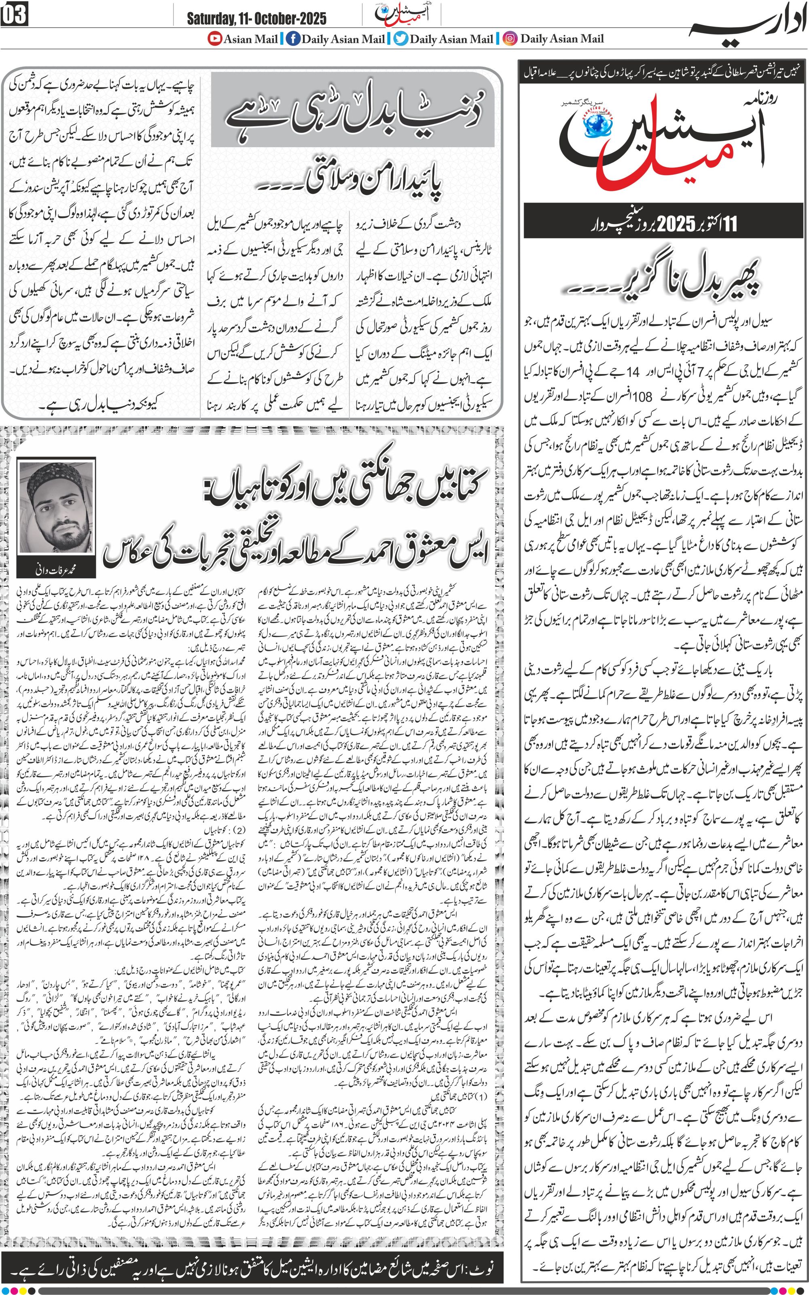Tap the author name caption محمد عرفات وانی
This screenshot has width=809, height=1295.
(56, 570)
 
